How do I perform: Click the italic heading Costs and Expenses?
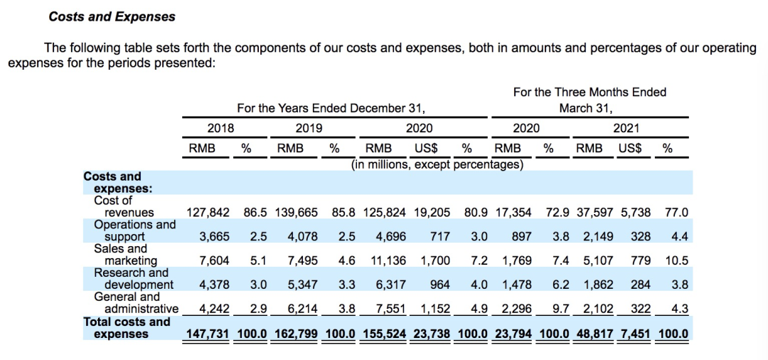click(112, 16)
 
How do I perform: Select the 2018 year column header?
click(221, 128)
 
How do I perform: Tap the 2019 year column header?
click(309, 128)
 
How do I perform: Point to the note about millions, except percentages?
click(437, 164)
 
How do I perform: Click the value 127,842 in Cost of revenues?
click(208, 213)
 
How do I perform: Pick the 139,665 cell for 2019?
click(297, 213)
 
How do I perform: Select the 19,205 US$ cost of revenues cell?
click(432, 213)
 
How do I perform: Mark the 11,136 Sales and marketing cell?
click(388, 260)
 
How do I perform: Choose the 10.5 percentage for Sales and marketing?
click(677, 260)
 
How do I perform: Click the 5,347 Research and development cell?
click(302, 285)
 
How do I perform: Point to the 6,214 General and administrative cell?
click(302, 309)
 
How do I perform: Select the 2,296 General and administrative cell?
click(517, 309)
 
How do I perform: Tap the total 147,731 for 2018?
click(208, 334)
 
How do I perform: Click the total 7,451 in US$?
click(636, 334)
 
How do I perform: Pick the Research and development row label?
click(132, 279)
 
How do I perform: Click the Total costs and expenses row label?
click(127, 328)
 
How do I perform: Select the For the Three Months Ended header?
click(590, 92)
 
